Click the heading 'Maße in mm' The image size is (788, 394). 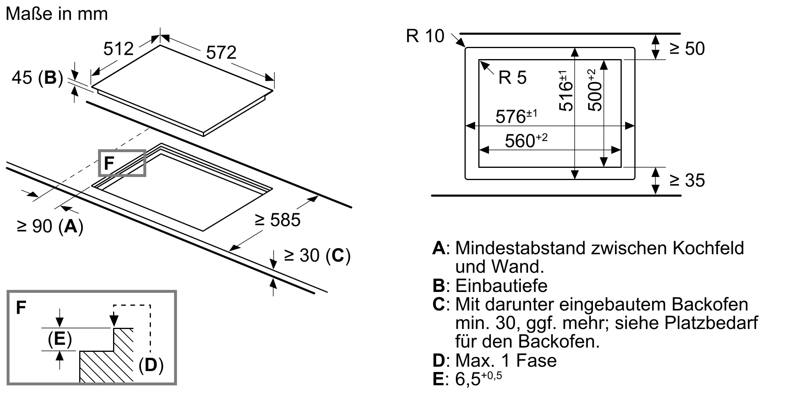coord(57,14)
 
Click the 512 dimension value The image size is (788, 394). coord(118,49)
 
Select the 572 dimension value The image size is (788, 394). coord(221,52)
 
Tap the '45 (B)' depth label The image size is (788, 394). coord(37,78)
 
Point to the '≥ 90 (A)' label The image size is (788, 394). coord(50,226)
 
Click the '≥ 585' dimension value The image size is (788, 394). coord(277,220)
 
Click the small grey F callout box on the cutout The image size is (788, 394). coord(122,163)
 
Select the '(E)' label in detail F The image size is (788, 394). coord(59,339)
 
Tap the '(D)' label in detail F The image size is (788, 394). coord(151,365)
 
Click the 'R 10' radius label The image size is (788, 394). coord(425,36)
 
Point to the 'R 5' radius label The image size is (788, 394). coord(512,78)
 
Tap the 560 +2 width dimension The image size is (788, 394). coord(526,141)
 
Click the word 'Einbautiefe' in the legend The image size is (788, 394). coord(501,286)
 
